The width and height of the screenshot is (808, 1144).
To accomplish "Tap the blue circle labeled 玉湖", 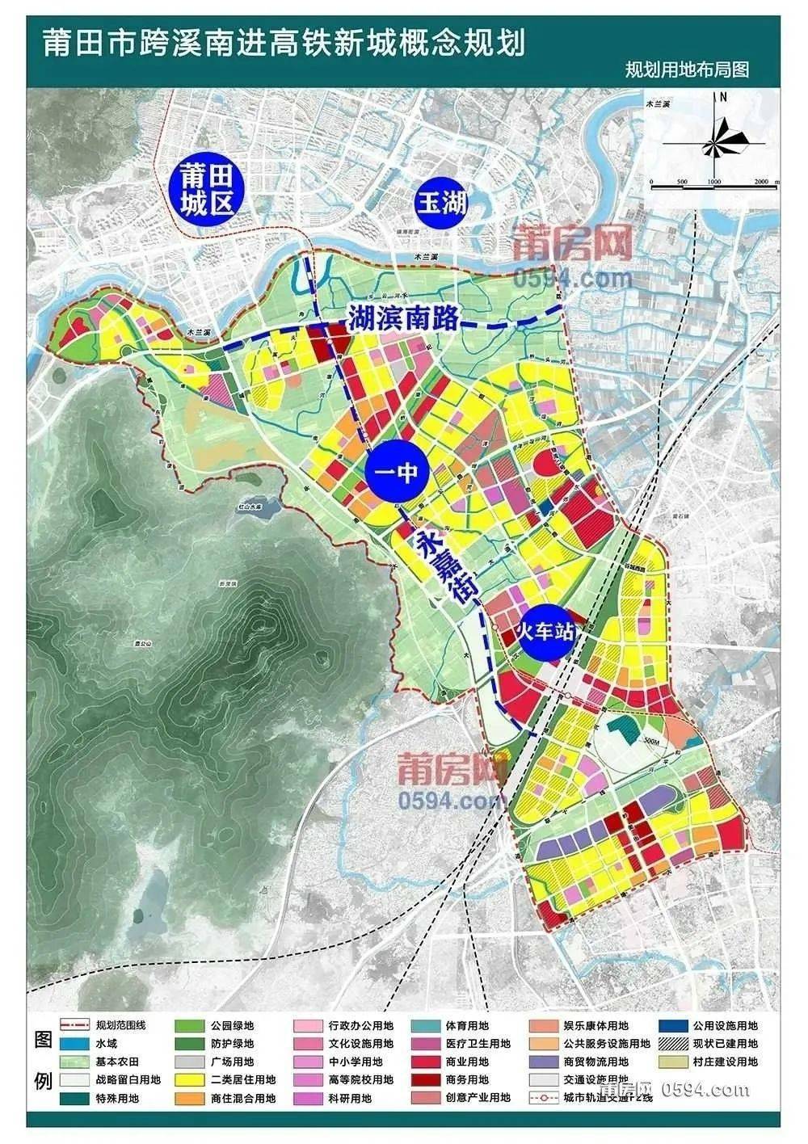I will tap(441, 203).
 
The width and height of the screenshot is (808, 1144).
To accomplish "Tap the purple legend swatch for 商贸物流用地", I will tap(544, 1062).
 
